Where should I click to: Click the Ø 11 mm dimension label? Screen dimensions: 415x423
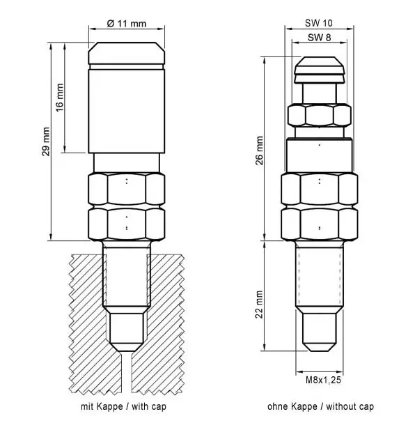click(127, 24)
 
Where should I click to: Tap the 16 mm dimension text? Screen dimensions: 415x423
click(60, 98)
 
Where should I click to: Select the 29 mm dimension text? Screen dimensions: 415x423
click(46, 141)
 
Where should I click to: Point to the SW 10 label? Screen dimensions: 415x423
click(319, 23)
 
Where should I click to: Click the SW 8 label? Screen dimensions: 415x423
click(320, 38)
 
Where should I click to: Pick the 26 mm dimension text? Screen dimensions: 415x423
click(259, 151)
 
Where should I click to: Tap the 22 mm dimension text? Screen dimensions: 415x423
click(259, 305)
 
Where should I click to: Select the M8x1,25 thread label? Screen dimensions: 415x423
click(323, 380)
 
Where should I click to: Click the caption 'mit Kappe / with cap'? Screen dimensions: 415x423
click(123, 406)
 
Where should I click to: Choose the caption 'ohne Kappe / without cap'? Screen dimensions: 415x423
click(321, 406)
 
